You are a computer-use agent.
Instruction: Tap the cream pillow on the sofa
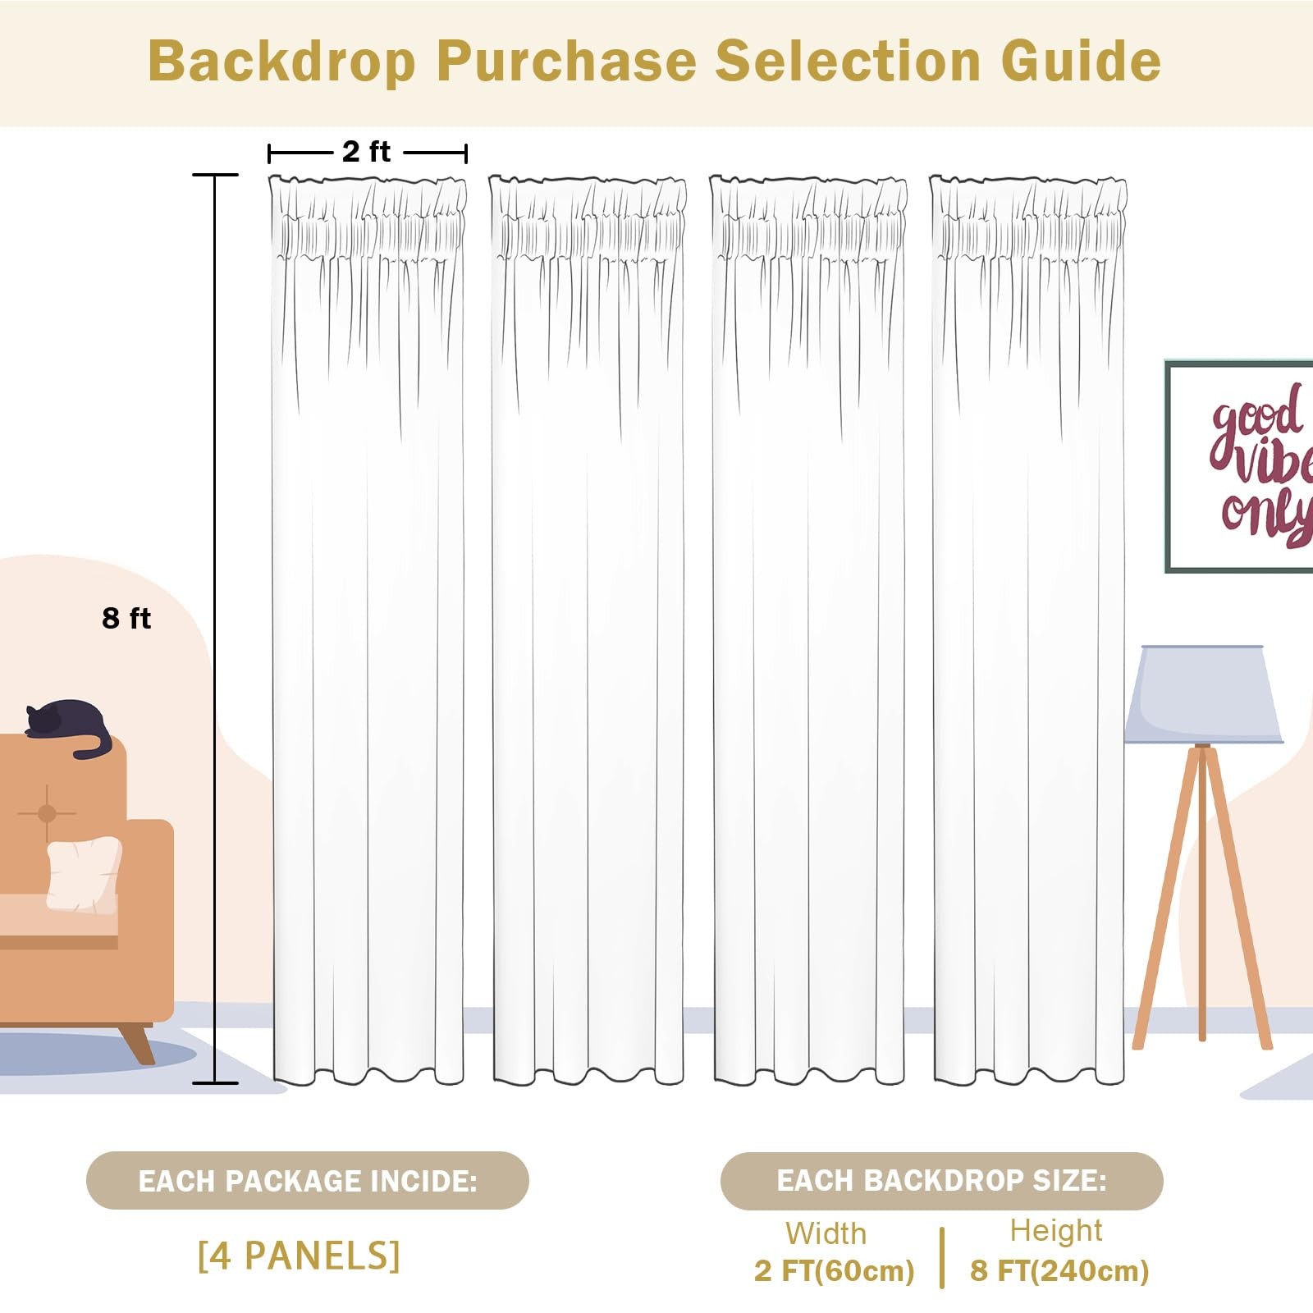84,874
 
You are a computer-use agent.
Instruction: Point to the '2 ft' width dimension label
366,152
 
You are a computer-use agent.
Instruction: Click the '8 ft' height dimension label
126,618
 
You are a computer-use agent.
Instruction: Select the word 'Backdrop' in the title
282,62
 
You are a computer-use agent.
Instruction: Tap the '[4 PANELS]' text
299,1256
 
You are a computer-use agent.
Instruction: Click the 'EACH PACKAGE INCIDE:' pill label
308,1181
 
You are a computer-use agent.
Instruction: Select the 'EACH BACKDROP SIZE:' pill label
942,1181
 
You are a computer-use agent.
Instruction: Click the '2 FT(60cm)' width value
834,1271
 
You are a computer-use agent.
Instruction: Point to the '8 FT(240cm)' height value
1059,1271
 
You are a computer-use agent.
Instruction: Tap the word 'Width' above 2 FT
826,1233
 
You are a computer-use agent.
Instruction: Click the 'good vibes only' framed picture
1239,466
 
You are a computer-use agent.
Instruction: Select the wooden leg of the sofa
136,1042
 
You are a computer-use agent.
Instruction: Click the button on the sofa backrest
47,813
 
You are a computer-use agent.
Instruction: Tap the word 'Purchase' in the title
566,62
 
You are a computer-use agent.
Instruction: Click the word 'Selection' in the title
849,62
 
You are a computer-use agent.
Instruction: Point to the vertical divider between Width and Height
942,1258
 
